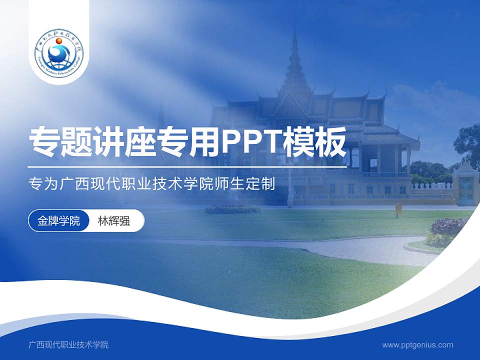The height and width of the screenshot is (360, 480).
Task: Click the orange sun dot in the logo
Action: pos(59,40)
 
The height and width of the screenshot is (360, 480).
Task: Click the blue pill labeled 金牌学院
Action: pos(58,221)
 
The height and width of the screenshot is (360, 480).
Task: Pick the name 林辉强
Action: pos(114,221)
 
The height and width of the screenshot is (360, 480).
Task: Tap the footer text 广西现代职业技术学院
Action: pos(68,344)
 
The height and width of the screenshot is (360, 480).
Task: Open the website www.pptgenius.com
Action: pos(417,344)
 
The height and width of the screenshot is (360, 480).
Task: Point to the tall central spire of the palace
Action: pos(294,55)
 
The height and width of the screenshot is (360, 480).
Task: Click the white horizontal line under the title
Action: pos(187,166)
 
